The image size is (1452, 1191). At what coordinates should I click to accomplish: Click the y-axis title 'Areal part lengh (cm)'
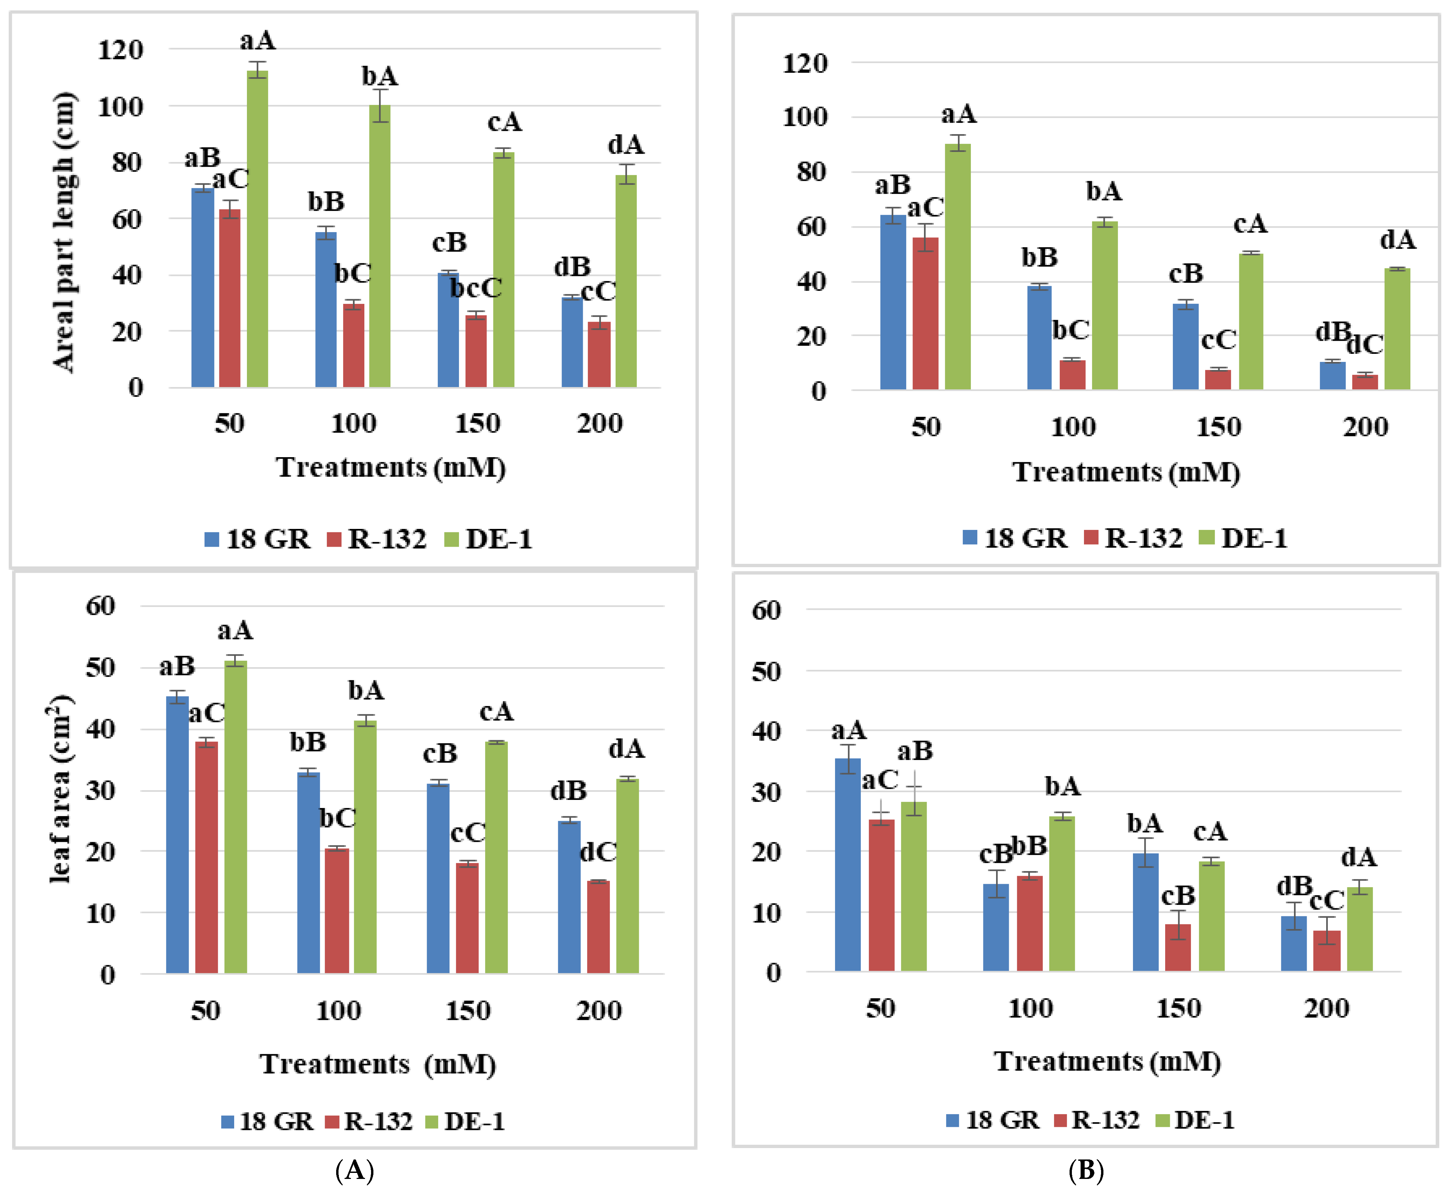click(65, 232)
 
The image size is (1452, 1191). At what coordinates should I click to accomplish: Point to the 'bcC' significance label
click(475, 288)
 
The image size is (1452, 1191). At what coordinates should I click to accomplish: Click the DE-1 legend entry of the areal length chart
click(488, 539)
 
